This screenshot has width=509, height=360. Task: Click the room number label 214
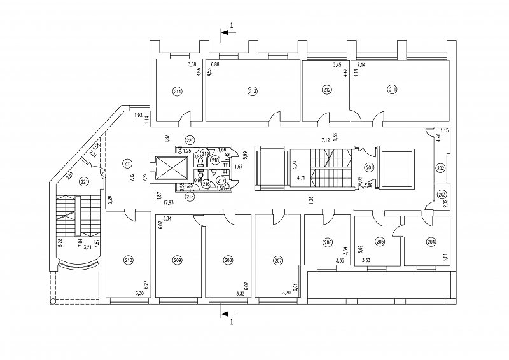177,92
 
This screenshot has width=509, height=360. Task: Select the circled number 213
253,92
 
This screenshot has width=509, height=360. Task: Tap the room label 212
327,90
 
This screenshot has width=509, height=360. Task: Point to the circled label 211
392,90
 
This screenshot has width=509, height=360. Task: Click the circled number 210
129,260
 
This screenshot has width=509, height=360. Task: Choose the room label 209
178,260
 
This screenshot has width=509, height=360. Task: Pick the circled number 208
228,260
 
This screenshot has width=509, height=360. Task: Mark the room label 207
277,260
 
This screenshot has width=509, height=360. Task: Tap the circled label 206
328,242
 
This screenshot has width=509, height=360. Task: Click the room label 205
380,242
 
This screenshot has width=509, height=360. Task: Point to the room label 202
440,169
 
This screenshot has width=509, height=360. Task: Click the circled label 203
441,195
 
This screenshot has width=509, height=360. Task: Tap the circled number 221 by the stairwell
83,181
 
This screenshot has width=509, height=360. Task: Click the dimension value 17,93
167,203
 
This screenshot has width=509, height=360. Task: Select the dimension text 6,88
215,65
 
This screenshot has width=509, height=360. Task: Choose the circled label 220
190,140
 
